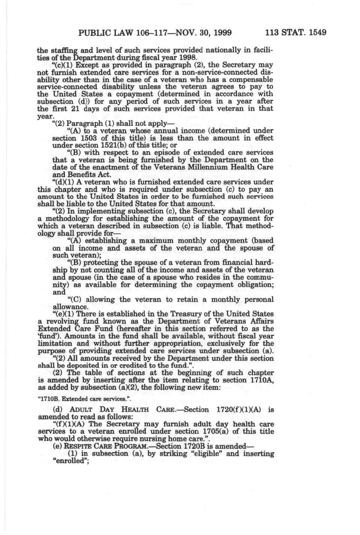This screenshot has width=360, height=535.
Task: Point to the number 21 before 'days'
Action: pyautogui.click(x=77, y=109)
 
